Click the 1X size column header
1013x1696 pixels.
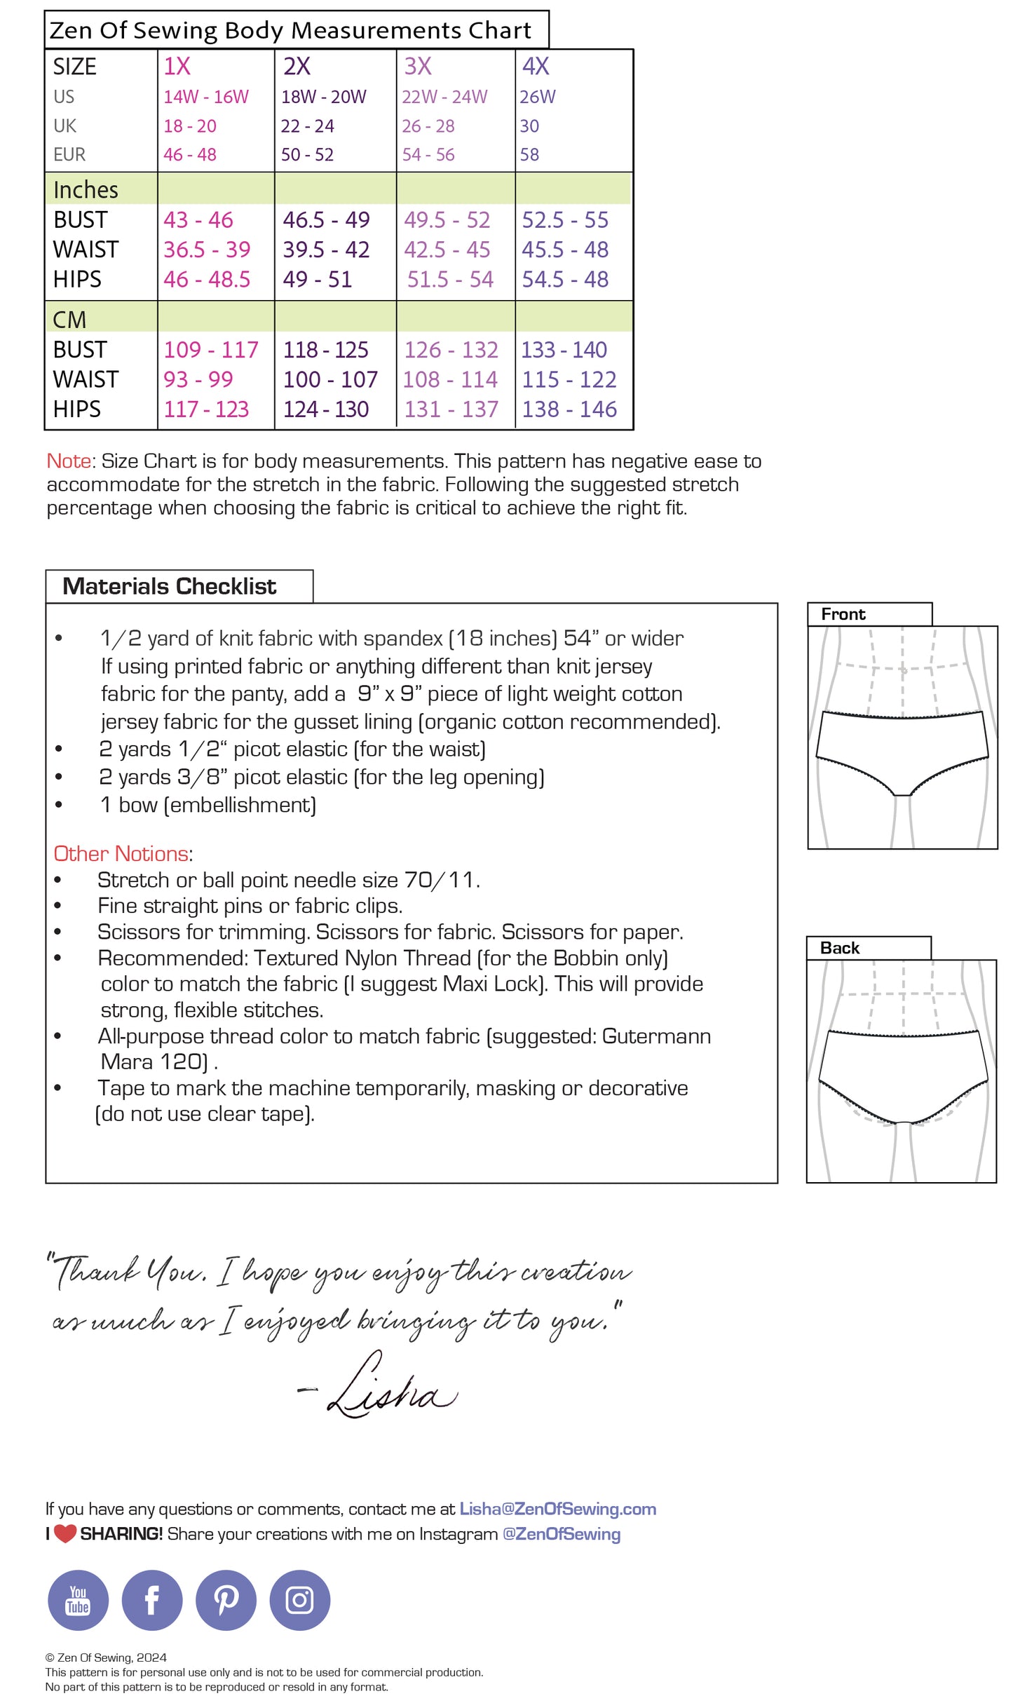[x=177, y=67]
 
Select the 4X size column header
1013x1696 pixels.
[x=536, y=67]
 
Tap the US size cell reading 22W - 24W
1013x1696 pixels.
[x=444, y=97]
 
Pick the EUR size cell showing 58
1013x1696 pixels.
[x=529, y=155]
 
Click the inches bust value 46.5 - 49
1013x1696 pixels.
[x=326, y=220]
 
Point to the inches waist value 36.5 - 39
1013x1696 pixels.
[x=207, y=250]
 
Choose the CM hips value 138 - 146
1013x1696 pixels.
[x=569, y=409]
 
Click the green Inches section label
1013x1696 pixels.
[x=86, y=190]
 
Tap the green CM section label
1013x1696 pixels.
[x=69, y=320]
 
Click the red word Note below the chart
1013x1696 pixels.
[x=69, y=461]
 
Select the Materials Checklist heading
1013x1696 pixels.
[x=170, y=587]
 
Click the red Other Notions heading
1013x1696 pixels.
[x=121, y=854]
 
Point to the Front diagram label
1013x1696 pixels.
[x=843, y=615]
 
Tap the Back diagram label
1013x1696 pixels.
[x=840, y=949]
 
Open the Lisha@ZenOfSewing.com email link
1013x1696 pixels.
[x=558, y=1510]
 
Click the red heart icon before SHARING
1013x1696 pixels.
[x=65, y=1534]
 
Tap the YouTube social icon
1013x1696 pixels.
[x=78, y=1600]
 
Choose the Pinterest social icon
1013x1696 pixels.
[x=226, y=1600]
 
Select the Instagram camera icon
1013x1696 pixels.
[x=299, y=1600]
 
